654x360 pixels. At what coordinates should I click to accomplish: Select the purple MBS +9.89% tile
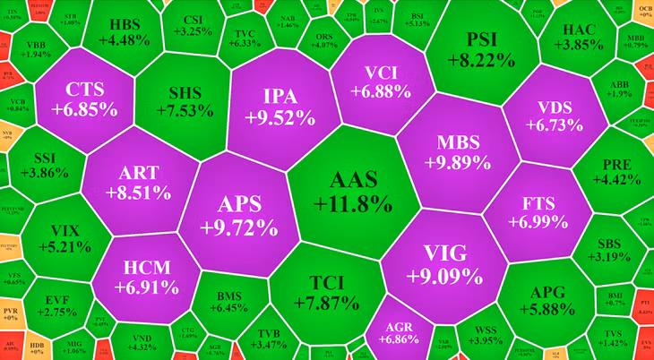(x=458, y=153)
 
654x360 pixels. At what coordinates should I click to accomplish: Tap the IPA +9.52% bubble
(x=280, y=106)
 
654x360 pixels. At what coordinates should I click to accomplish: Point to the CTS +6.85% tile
(x=84, y=99)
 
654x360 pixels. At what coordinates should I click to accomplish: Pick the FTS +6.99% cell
(x=538, y=210)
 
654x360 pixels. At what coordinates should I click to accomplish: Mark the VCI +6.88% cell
(x=381, y=81)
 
